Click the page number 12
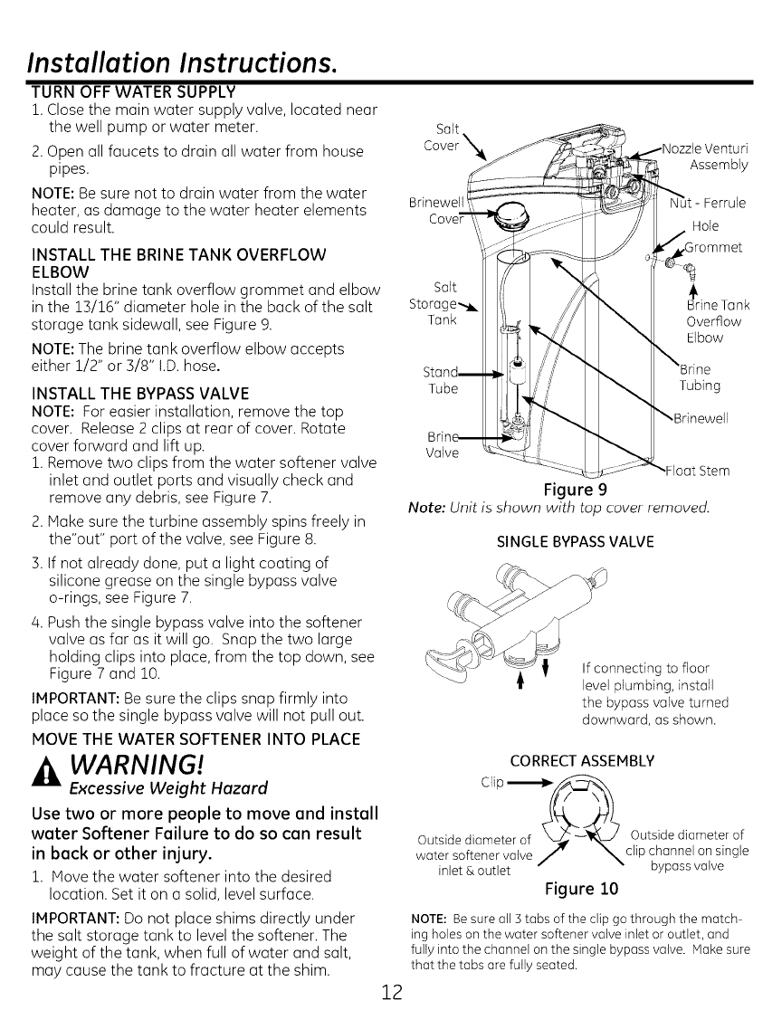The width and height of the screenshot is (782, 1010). point(391,989)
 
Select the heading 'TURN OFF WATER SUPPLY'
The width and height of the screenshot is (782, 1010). point(133,91)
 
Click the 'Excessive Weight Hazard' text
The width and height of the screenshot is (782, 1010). point(135,783)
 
